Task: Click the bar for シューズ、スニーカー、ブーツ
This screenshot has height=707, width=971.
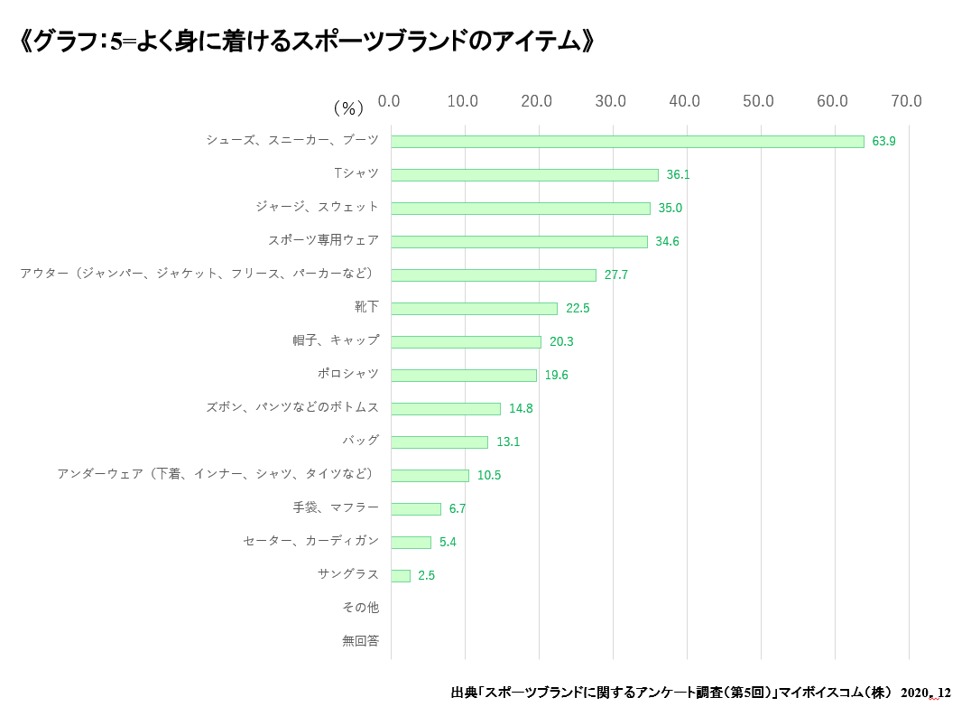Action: [627, 142]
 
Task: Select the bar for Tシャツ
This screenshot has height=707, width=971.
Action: [524, 175]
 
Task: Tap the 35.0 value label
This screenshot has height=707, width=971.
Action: [670, 209]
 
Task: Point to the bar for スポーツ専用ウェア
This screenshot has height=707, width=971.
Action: [519, 242]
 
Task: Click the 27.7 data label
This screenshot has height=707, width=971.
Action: [616, 275]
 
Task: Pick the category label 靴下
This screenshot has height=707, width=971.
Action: [366, 307]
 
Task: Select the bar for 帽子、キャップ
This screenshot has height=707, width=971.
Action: [466, 342]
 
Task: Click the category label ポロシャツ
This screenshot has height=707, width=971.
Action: [348, 374]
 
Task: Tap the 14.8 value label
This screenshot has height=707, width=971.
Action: [521, 409]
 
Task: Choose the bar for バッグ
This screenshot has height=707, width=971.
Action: [439, 442]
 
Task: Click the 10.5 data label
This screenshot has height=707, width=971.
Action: [489, 476]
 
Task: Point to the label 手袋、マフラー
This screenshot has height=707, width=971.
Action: [336, 507]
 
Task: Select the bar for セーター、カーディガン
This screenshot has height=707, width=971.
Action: [411, 543]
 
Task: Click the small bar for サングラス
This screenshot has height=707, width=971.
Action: [401, 576]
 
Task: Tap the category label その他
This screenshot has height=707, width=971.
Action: [361, 608]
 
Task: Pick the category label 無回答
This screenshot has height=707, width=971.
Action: [361, 641]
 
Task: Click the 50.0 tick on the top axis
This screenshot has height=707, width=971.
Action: [758, 101]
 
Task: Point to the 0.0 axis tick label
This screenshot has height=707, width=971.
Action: [389, 101]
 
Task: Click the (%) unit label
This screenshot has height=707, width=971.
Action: [348, 108]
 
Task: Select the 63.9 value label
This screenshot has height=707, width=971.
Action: [883, 142]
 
